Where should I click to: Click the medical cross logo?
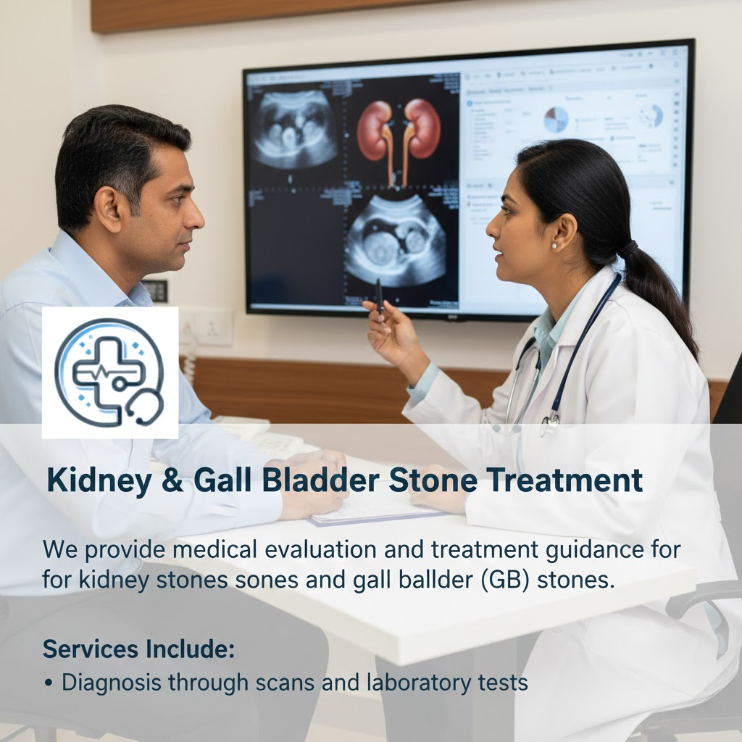pos(109,372)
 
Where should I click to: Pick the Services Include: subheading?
pos(138,649)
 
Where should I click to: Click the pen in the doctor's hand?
pos(379,297)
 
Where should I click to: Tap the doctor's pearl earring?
pos(554,246)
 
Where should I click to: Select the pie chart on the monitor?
pos(556,120)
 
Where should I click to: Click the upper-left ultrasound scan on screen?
pos(293,129)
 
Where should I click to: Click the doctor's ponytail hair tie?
pos(628,249)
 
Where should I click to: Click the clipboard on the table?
pos(377,507)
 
